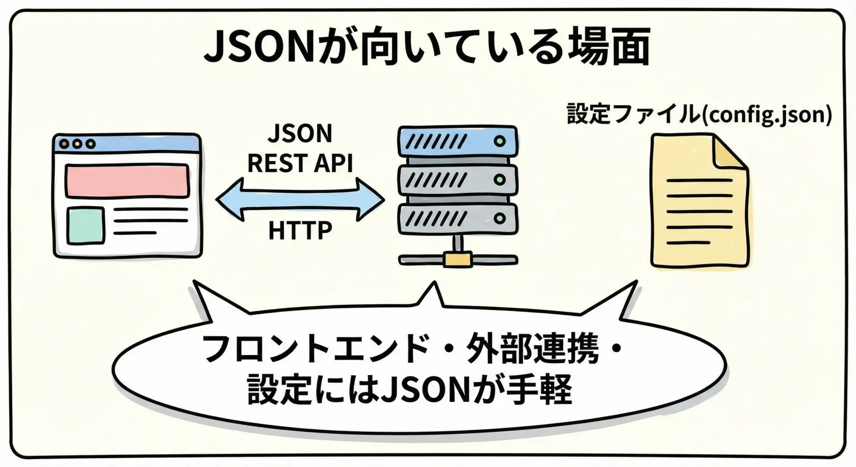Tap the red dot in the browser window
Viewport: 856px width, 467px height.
[64, 144]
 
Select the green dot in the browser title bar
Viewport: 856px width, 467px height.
[91, 144]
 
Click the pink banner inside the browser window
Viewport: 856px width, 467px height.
[127, 181]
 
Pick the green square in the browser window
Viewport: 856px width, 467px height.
[86, 226]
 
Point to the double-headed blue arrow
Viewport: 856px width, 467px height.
[300, 199]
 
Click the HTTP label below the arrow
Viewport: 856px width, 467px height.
[300, 230]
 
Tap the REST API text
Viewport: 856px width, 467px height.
[300, 163]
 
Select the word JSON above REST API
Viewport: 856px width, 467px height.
[300, 133]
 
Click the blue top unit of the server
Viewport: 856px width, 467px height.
[458, 141]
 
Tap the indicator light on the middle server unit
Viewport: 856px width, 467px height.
[500, 180]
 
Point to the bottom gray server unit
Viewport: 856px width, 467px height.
[458, 219]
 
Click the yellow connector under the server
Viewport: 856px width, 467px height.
[458, 259]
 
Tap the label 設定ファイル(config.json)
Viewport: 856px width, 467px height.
[699, 114]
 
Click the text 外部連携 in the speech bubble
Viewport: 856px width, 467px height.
[532, 348]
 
